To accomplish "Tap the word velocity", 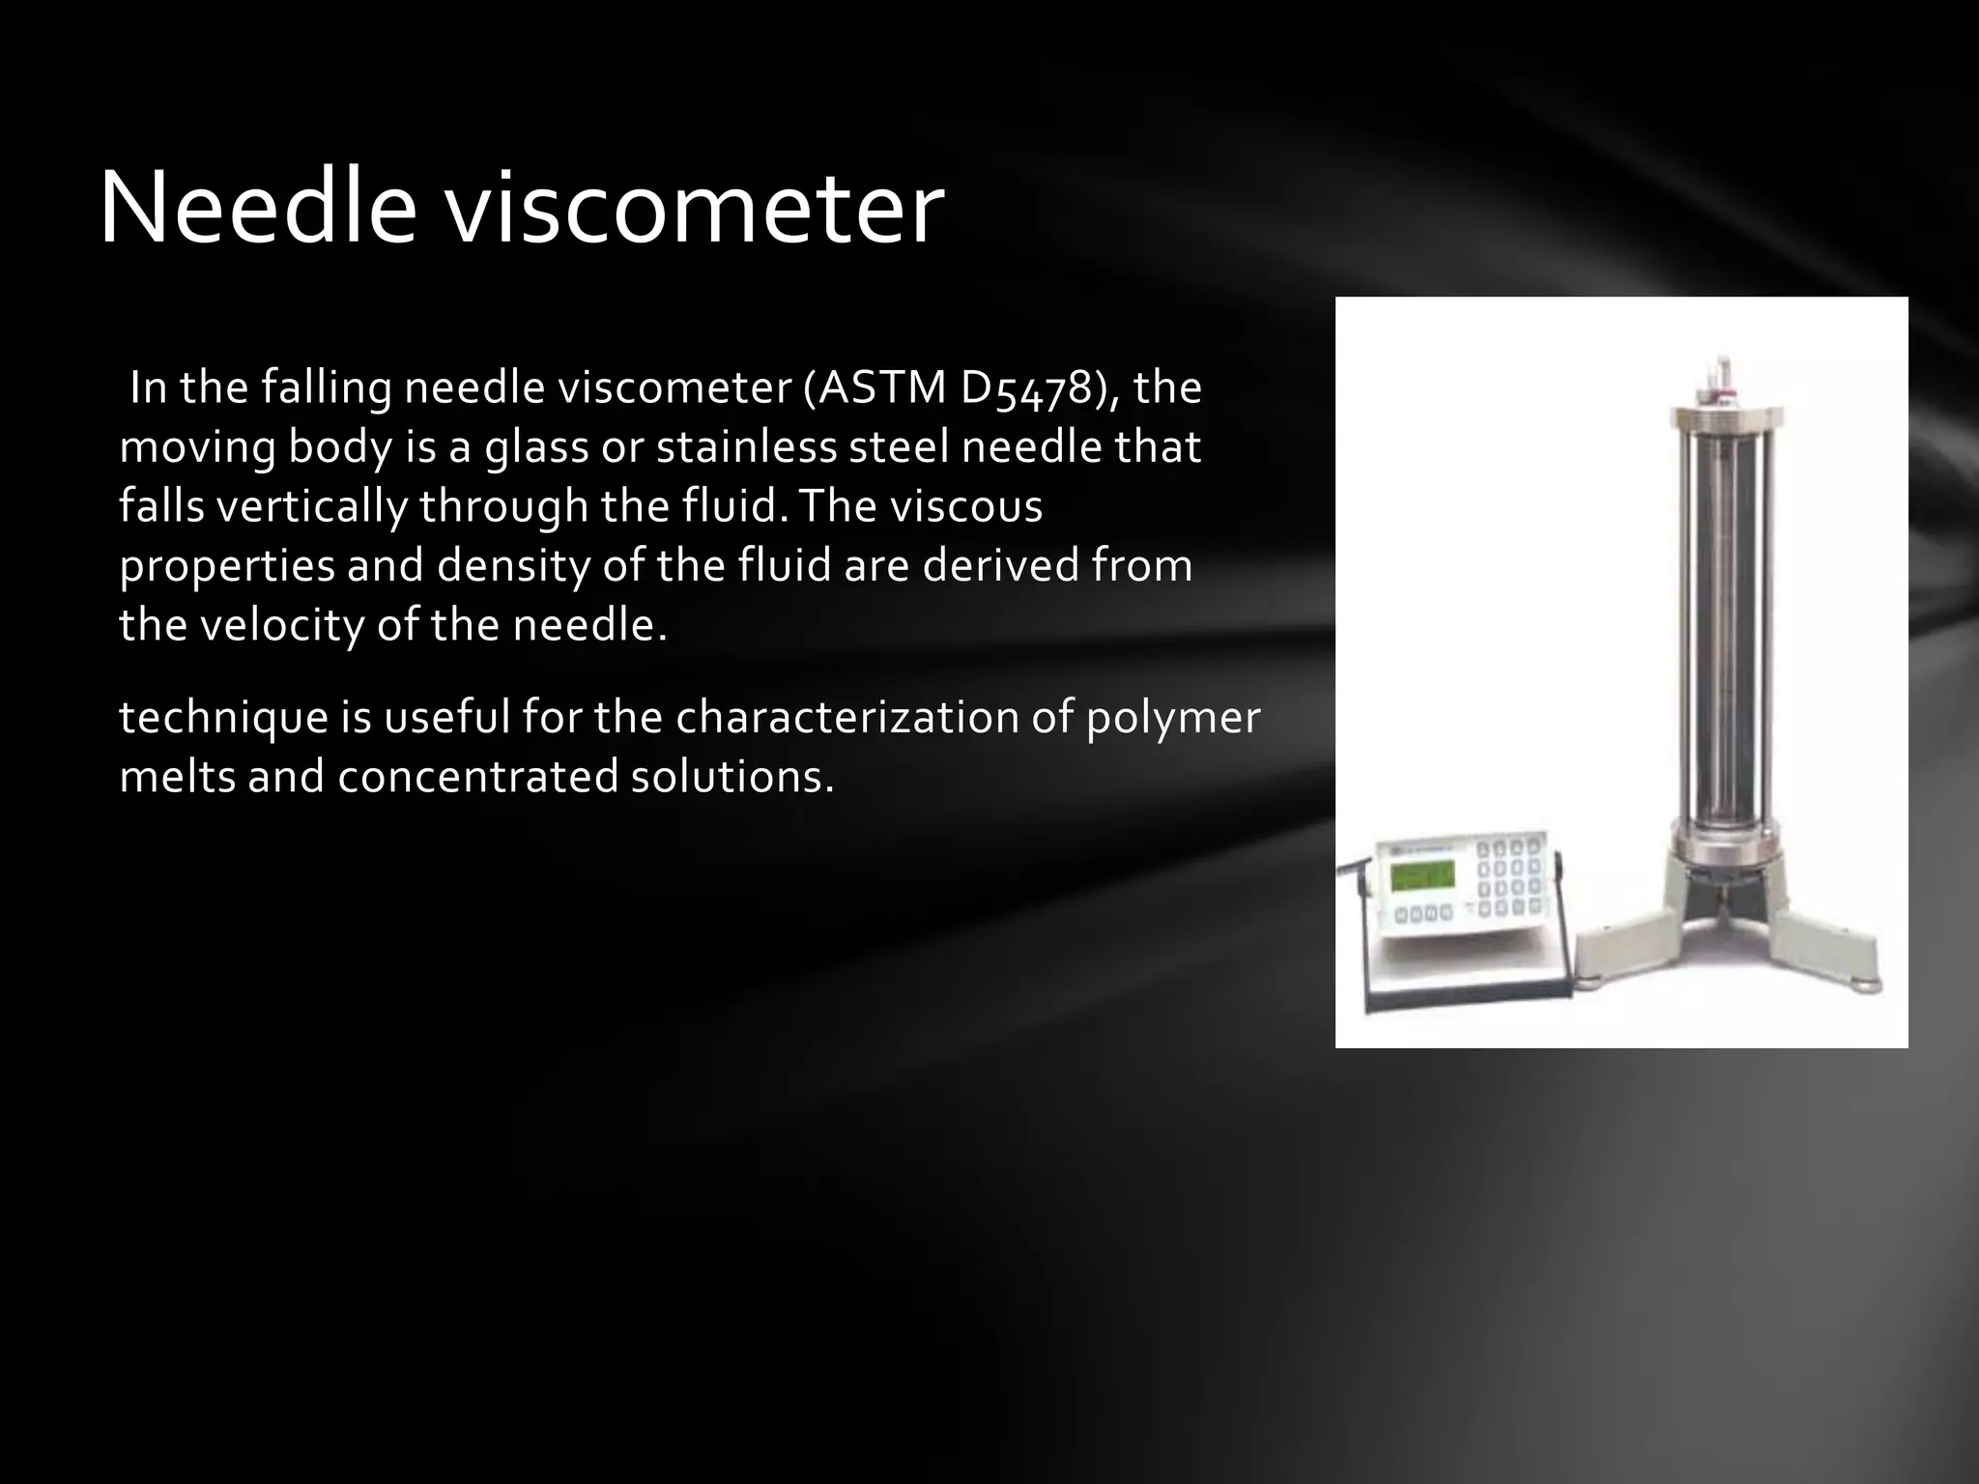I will (281, 625).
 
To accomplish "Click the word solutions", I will (731, 776).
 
